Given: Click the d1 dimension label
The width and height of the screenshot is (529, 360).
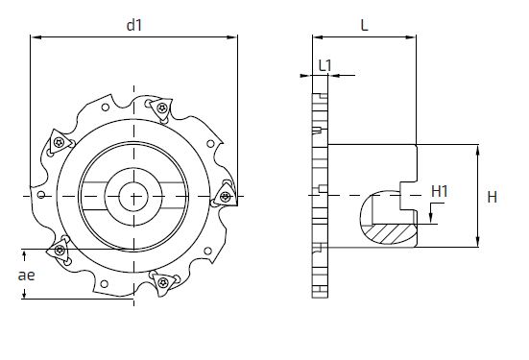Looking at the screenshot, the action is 134,25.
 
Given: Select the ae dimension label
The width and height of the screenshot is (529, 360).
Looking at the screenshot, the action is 26,276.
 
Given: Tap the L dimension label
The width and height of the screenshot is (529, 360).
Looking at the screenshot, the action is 365,25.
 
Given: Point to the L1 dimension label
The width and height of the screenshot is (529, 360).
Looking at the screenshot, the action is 325,65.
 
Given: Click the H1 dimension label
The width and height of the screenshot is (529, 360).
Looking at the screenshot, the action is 440,191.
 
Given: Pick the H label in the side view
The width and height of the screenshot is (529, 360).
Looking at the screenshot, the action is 493,197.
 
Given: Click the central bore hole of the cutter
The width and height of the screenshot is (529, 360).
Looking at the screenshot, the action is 133,197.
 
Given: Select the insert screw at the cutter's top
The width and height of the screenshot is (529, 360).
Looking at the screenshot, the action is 162,108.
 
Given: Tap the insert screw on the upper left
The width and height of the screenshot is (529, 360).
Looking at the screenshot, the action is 59,142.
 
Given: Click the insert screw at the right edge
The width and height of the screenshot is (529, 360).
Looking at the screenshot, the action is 226,197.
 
